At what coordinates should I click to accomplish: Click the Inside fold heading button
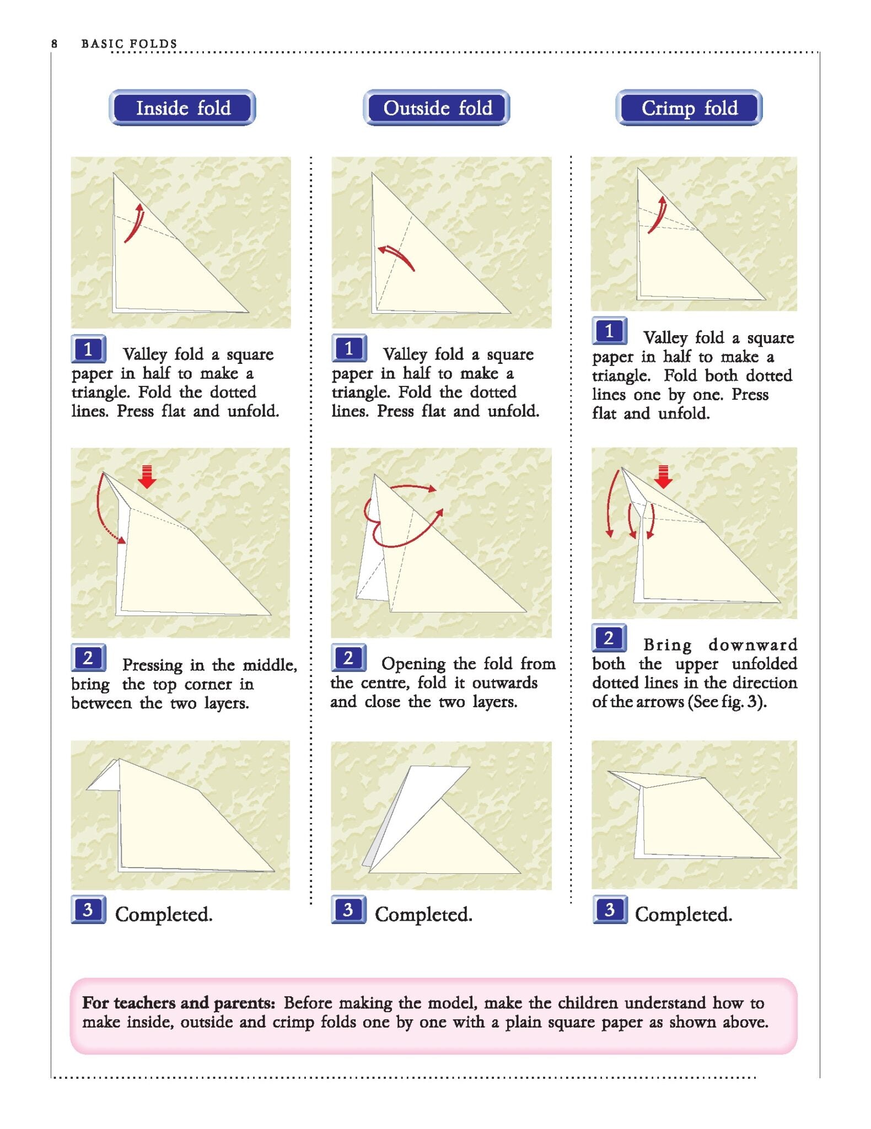182,107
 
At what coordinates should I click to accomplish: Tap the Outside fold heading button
437,107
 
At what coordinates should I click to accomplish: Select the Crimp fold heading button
689,107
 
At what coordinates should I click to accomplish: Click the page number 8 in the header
54,44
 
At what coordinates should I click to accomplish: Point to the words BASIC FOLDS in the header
129,44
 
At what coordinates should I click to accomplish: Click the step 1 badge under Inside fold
88,349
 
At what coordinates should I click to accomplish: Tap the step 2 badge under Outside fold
348,658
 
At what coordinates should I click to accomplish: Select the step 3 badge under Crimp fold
610,910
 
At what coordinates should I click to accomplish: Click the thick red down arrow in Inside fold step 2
147,477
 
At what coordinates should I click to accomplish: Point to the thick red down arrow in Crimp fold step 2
664,477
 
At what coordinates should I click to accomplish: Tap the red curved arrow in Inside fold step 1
135,224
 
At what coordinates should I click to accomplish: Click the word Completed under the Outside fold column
423,915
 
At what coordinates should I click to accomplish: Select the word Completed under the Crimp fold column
684,915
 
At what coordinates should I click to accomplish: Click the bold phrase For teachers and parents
179,1003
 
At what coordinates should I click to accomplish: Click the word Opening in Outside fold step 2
413,664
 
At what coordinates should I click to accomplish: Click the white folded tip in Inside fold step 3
106,776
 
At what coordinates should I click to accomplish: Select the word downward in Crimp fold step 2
753,644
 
